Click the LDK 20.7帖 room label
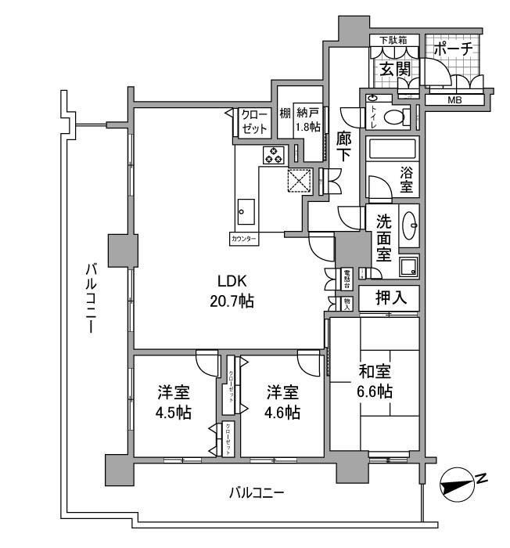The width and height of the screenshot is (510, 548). click(235, 290)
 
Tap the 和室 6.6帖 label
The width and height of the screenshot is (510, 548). click(375, 381)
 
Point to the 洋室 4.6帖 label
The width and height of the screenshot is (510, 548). click(282, 402)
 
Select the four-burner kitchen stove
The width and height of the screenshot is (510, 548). click(275, 155)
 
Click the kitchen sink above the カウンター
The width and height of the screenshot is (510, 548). click(246, 211)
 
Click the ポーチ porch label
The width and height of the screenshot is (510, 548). click(453, 49)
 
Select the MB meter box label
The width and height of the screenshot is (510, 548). click(454, 99)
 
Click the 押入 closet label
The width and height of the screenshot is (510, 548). click(389, 297)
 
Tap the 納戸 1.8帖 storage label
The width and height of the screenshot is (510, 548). click(307, 120)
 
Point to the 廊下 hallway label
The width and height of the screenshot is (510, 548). click(343, 146)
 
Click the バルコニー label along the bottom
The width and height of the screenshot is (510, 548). click(257, 493)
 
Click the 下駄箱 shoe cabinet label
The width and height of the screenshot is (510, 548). click(394, 39)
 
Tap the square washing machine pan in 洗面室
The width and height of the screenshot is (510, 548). click(408, 266)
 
